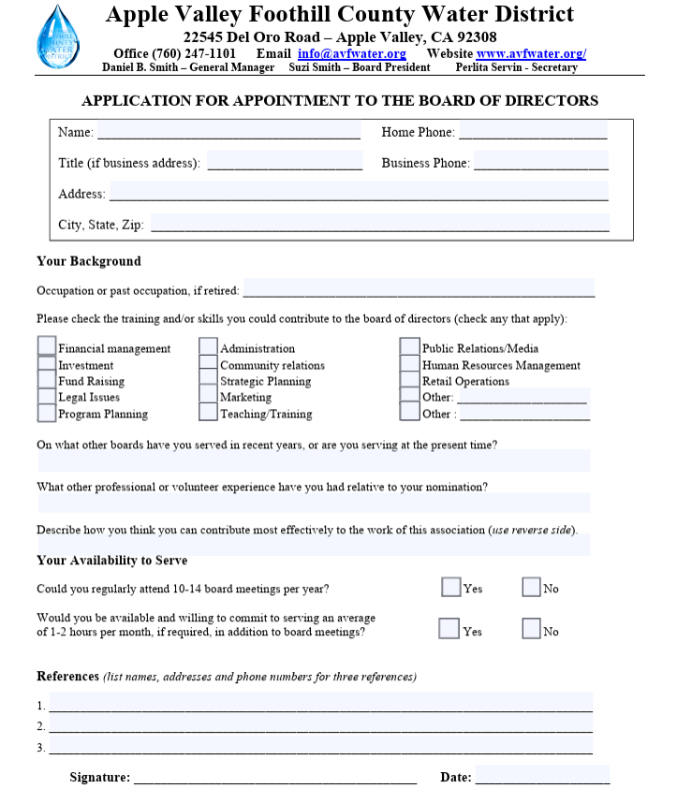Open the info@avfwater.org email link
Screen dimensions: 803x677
coord(351,53)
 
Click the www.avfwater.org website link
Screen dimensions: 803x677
coord(531,53)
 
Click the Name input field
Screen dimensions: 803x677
coord(228,131)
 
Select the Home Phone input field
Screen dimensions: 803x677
coord(532,131)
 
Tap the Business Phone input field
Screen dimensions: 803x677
coord(540,162)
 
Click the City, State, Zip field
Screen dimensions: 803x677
coord(379,224)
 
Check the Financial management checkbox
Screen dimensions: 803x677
coord(47,346)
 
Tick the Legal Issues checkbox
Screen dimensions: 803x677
coord(47,396)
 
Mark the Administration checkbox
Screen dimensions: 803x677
coord(209,347)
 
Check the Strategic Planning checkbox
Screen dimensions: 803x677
coord(209,380)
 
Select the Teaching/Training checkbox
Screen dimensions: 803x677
coord(209,413)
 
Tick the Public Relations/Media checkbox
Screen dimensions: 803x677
coord(409,347)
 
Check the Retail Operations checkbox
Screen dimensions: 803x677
coord(409,380)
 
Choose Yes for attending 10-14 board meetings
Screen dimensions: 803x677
coord(450,587)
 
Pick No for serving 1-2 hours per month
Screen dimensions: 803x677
coord(531,629)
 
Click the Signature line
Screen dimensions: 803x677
coord(274,776)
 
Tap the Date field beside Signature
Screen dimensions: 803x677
coord(542,776)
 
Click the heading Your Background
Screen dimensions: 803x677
coord(89,261)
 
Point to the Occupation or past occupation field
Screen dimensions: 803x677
coord(419,289)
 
